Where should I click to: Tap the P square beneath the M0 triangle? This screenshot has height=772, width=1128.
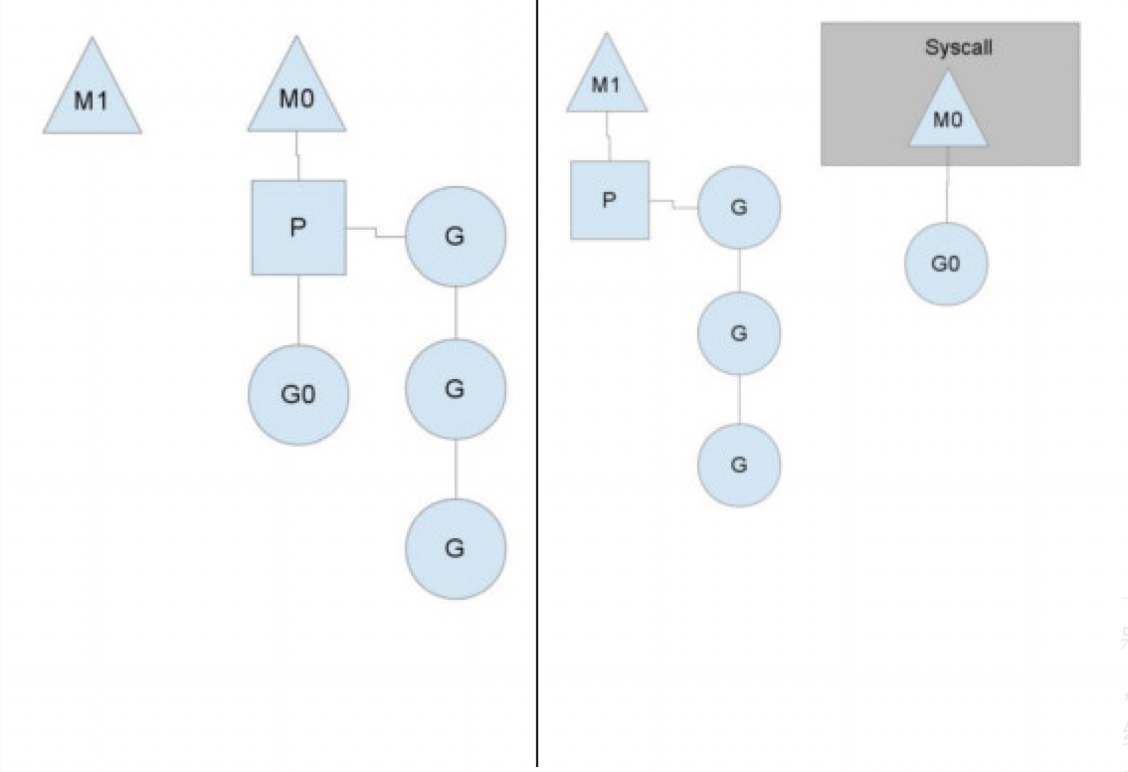pos(297,228)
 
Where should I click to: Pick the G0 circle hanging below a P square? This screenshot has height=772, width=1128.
pos(297,394)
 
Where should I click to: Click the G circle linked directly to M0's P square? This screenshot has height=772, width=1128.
pos(456,237)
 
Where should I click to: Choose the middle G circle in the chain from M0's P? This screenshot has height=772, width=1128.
pos(456,389)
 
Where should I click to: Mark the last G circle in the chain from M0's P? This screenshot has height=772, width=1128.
pos(456,548)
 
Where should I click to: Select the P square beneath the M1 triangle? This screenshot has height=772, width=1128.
pos(609,200)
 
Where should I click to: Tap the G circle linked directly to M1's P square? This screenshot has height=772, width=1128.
pos(739,208)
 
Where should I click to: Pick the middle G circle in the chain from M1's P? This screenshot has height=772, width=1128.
pos(739,334)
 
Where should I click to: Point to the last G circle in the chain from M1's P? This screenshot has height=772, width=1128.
pos(739,465)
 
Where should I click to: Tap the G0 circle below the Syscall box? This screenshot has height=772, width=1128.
pos(946,265)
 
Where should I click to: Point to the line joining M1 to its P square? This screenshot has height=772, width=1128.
pos(608,136)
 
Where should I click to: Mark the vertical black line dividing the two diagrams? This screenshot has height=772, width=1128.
pos(537,398)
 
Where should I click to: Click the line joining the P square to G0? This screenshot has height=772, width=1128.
pos(298,309)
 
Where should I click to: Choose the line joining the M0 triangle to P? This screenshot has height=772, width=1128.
pos(297,156)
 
